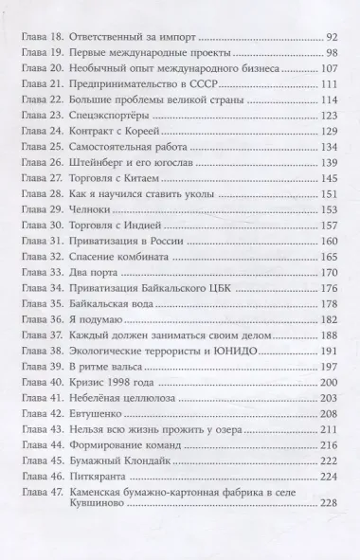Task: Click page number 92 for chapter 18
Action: click(332, 36)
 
